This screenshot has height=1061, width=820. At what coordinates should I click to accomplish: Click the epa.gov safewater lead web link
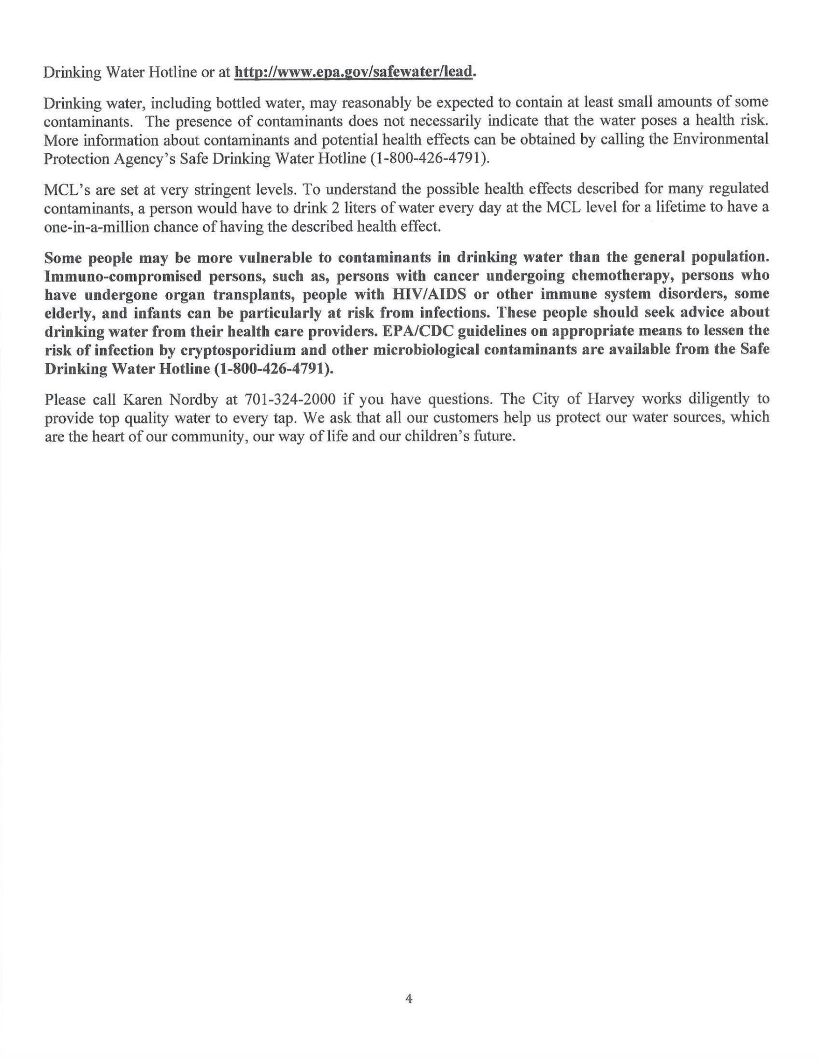[x=354, y=73]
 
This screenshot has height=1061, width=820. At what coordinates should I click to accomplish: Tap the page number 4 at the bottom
[x=409, y=998]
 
